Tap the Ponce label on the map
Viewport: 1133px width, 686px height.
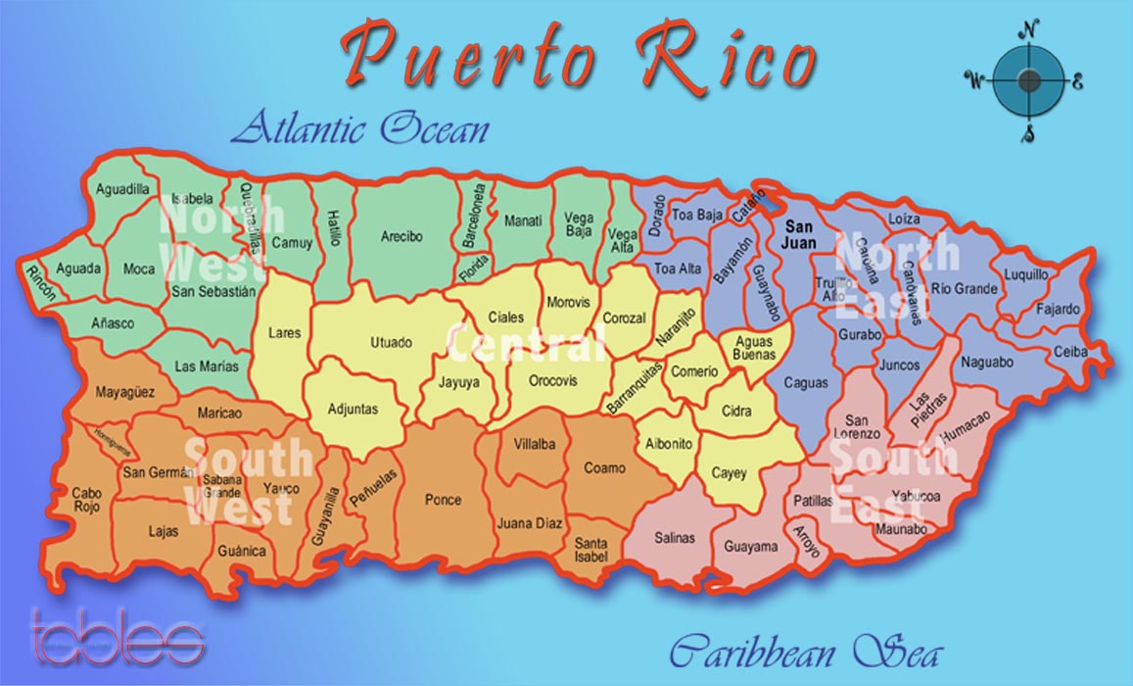pos(443,500)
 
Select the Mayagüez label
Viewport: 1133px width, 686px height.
pos(124,393)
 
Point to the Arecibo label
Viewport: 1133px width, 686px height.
pos(401,236)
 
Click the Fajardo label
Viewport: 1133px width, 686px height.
pos(1058,310)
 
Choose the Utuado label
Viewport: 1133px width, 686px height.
pos(391,342)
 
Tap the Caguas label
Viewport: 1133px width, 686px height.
pos(806,383)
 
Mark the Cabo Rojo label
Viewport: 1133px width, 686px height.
pos(86,500)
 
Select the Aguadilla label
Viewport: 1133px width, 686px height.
pos(122,188)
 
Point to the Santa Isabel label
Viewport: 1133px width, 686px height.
pos(590,550)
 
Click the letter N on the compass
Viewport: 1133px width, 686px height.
pos(1028,28)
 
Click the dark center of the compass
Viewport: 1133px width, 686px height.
pos(1028,80)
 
